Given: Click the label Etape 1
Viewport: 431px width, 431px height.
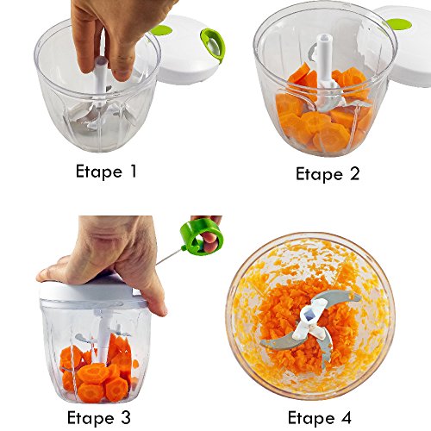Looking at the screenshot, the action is point(106,172).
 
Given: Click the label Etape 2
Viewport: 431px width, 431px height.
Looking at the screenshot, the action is point(328,174).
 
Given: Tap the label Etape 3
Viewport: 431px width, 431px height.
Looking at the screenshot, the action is point(99,417).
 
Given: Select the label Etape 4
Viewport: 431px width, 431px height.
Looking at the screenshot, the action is point(320,417).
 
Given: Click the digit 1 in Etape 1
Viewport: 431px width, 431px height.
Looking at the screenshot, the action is point(133,171).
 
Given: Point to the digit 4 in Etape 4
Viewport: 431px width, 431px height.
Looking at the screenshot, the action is point(346,416).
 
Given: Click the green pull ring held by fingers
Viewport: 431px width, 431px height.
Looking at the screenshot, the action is point(202,237).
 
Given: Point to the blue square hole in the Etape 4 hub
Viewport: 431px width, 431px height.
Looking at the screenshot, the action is point(309,316).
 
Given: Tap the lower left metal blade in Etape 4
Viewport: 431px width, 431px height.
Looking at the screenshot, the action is point(278,343).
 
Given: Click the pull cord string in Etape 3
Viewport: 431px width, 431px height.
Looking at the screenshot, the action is point(170,257).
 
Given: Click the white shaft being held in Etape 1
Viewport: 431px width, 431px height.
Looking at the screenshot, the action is point(101,82).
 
